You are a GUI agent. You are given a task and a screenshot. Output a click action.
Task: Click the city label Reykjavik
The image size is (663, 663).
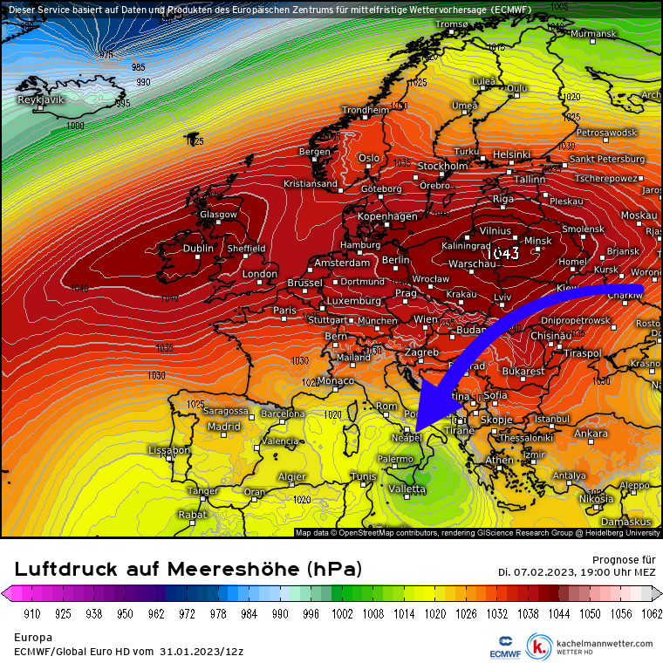click(41, 100)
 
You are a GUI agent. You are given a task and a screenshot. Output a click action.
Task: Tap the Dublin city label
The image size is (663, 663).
click(198, 249)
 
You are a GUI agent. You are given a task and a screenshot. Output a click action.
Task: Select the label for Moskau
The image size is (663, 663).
click(639, 215)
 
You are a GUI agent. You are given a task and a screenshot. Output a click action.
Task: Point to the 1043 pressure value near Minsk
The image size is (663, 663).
click(503, 253)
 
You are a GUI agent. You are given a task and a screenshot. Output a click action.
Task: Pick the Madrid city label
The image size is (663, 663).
click(223, 427)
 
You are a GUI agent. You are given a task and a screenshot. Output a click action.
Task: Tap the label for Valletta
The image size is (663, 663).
click(407, 489)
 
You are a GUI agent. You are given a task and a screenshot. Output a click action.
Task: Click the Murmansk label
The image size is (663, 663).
click(593, 34)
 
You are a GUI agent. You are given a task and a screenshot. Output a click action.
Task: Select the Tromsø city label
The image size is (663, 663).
click(452, 24)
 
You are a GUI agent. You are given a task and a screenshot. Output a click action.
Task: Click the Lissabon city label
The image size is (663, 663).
click(169, 450)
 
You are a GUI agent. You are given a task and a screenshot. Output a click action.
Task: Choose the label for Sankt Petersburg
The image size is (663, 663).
click(608, 159)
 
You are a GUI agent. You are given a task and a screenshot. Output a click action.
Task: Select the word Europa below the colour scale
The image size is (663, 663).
click(33, 638)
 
